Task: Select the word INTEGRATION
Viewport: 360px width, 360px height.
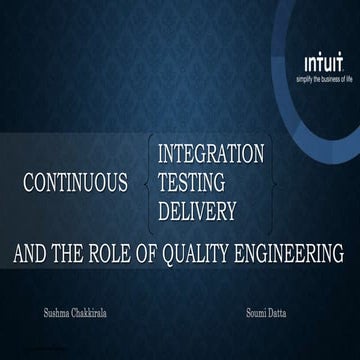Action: tap(211, 154)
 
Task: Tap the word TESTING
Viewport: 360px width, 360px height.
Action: tap(192, 183)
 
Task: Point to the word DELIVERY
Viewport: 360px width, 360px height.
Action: tap(197, 211)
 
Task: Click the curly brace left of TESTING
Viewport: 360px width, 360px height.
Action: tap(150, 183)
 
